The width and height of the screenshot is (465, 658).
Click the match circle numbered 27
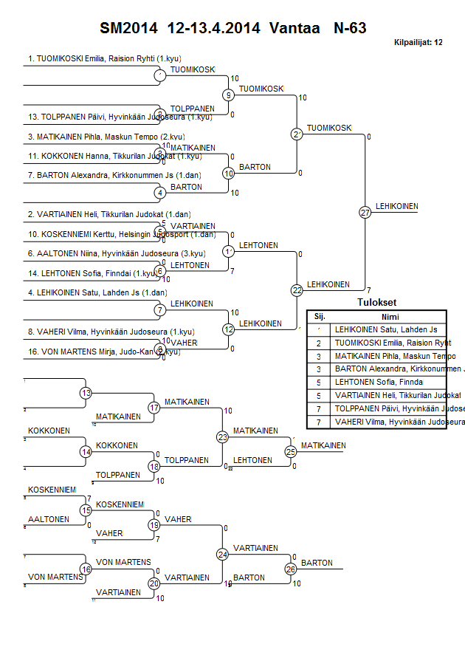point(365,212)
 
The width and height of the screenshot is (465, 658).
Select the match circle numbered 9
point(229,95)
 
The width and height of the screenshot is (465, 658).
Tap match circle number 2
point(297,134)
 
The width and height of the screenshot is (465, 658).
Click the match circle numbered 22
point(297,290)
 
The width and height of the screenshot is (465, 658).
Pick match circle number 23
point(222,437)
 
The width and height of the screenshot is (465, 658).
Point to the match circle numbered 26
point(291,569)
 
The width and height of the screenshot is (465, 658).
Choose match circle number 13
point(86,393)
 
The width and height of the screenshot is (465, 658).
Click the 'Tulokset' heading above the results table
point(376,303)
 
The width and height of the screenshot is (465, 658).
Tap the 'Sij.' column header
point(320,315)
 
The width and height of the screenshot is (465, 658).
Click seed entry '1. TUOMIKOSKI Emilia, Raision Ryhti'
point(105,58)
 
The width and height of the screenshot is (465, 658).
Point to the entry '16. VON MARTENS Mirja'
point(103,352)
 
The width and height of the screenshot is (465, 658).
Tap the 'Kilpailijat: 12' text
point(418,42)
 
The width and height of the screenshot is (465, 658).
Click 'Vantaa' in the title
point(295,28)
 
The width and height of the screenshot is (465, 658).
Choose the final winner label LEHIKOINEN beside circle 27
point(397,206)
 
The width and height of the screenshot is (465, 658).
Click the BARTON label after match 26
point(317,563)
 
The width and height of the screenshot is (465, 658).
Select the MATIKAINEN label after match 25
point(323,445)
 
